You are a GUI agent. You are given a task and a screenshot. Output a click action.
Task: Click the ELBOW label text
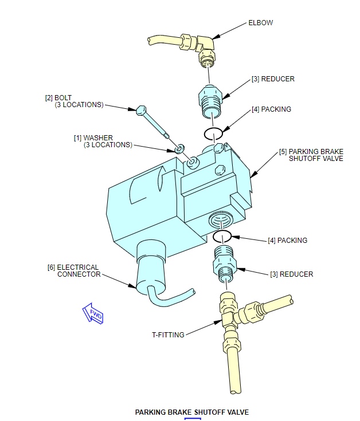[x=260, y=23]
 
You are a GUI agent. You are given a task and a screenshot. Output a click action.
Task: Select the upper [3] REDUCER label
[x=273, y=79]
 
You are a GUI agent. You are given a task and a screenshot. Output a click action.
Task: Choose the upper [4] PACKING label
[x=271, y=109]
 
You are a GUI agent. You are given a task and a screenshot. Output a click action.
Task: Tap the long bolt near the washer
[x=152, y=122]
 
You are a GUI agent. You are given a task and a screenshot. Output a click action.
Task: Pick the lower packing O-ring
[x=222, y=236]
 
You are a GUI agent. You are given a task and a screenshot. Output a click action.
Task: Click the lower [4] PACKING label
[x=287, y=240]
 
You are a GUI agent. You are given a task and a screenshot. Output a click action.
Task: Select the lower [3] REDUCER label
[x=291, y=274]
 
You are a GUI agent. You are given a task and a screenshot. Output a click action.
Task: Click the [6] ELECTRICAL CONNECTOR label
[x=73, y=270]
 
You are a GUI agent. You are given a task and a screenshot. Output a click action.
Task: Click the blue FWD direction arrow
[x=93, y=313]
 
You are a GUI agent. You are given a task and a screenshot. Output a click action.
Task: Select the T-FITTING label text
[x=168, y=335]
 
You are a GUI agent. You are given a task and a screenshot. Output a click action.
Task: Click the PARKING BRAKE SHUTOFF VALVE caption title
[x=192, y=412]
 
